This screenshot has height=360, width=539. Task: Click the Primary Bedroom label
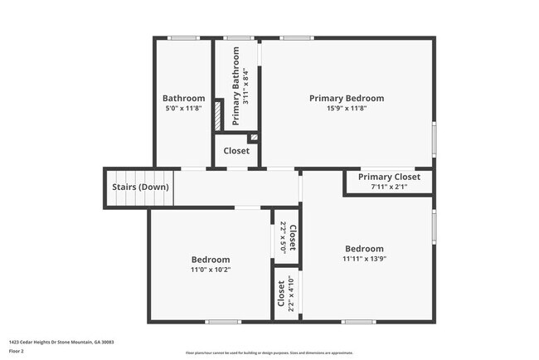tap(347, 98)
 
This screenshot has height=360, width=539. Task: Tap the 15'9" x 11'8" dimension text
tap(347, 108)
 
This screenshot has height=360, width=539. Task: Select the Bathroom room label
tap(183, 98)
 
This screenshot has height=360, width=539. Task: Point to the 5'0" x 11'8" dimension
tap(183, 108)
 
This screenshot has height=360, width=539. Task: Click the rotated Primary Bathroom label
tap(236, 86)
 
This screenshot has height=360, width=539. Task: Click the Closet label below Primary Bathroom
tap(236, 151)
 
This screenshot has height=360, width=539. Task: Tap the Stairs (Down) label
tap(140, 187)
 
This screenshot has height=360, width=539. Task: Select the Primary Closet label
tap(389, 177)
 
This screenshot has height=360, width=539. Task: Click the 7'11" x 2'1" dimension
tap(389, 187)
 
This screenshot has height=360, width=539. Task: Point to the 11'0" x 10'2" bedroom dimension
tap(210, 270)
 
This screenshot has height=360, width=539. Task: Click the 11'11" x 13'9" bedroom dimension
tap(365, 259)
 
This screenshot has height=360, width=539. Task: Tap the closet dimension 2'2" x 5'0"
tap(283, 237)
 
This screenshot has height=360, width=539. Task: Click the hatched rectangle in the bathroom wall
tap(218, 114)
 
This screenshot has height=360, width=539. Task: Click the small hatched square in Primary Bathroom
tap(254, 137)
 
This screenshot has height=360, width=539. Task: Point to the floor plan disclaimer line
tap(269, 353)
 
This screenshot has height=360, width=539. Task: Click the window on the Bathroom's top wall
tap(184, 37)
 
